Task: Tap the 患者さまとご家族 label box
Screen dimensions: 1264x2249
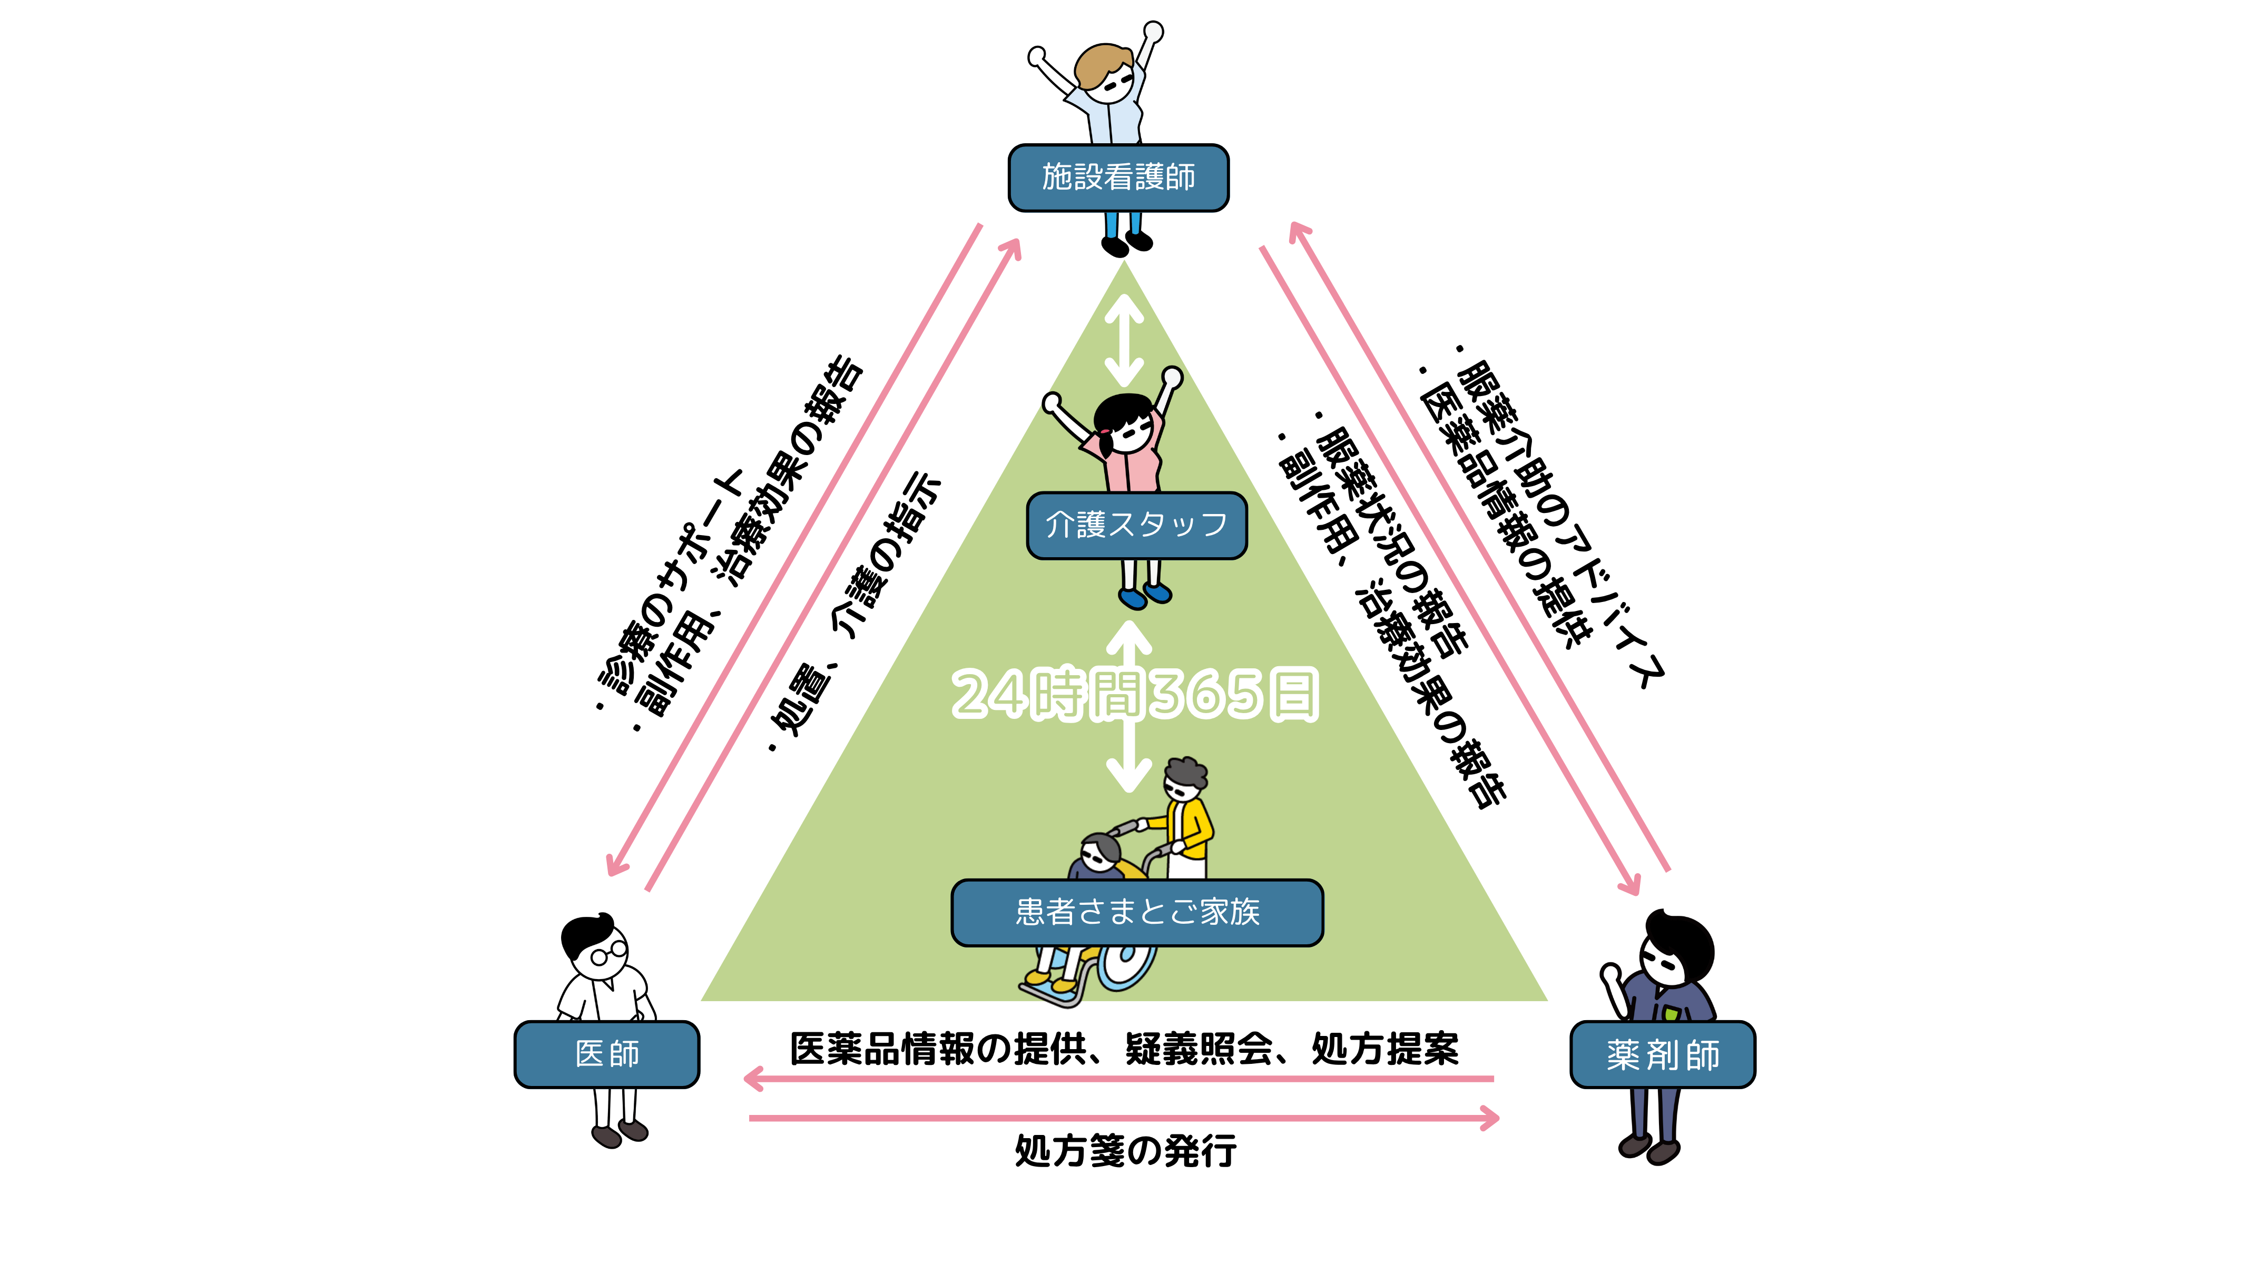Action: (x=1137, y=912)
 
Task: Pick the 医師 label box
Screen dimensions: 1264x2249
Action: (x=607, y=1054)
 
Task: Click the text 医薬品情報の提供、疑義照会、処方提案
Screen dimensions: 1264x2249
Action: (x=1124, y=1049)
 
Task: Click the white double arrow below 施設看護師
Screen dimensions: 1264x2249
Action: (x=1124, y=340)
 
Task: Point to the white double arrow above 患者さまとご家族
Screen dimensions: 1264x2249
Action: (x=1130, y=759)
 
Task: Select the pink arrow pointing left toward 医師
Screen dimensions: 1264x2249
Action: (x=1117, y=1080)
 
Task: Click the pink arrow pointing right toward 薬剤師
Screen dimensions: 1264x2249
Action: (x=1124, y=1118)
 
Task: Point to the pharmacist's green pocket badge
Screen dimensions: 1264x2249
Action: (x=1670, y=1013)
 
